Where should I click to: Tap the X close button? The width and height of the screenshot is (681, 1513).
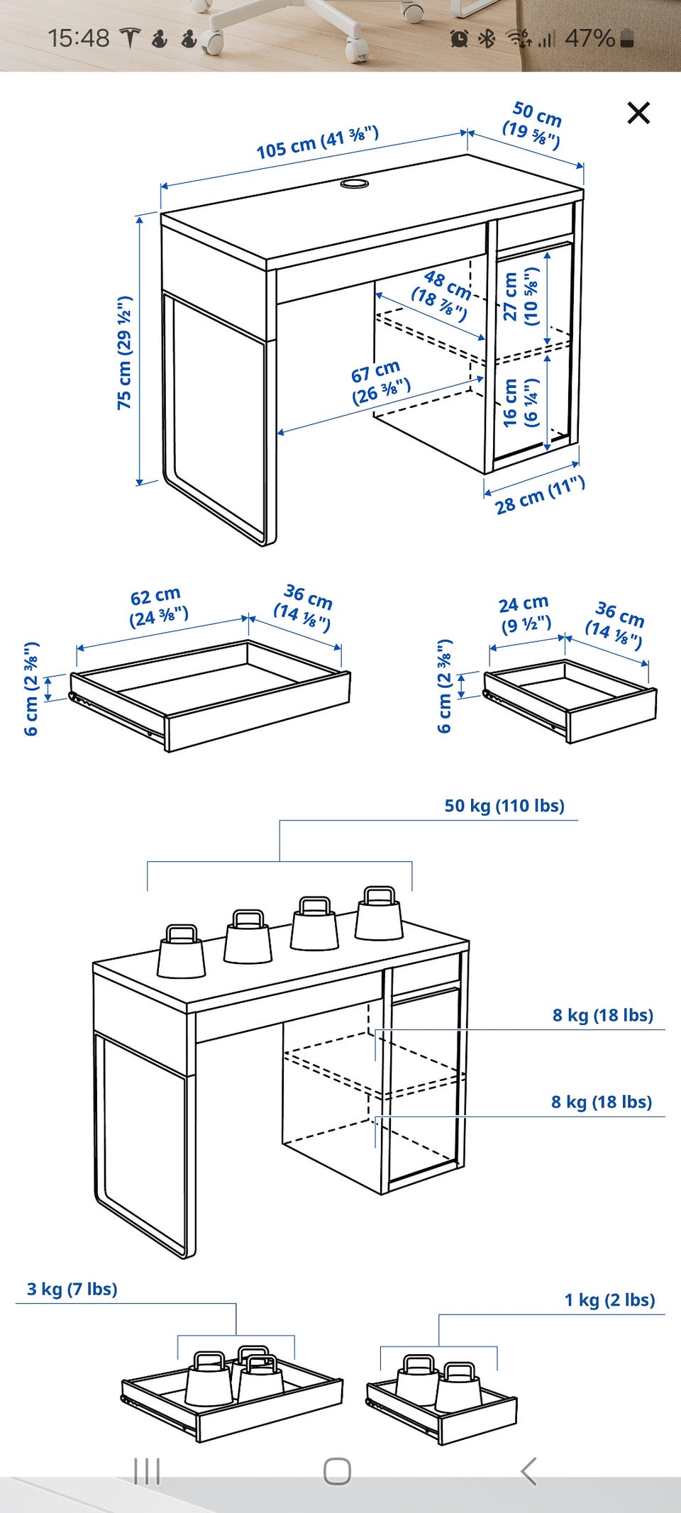[638, 113]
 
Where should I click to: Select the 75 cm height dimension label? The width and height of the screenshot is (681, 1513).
[125, 353]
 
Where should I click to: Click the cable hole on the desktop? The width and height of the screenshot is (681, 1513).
[354, 184]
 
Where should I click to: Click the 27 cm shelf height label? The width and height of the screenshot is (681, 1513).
[521, 296]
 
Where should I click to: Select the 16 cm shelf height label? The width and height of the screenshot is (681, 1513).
[521, 403]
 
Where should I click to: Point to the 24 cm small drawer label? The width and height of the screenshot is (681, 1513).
[524, 614]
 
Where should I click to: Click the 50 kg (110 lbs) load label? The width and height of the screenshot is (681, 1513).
[504, 806]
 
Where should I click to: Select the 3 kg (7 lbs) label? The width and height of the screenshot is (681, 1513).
[72, 1289]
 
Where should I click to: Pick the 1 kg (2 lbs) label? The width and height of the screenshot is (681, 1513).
[609, 1299]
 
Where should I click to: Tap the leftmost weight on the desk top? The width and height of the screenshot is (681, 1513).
[181, 951]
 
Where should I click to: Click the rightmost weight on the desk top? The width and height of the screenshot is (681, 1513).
[379, 914]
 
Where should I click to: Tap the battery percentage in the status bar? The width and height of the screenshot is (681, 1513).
[589, 38]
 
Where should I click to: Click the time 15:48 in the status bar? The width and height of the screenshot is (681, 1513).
[79, 38]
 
